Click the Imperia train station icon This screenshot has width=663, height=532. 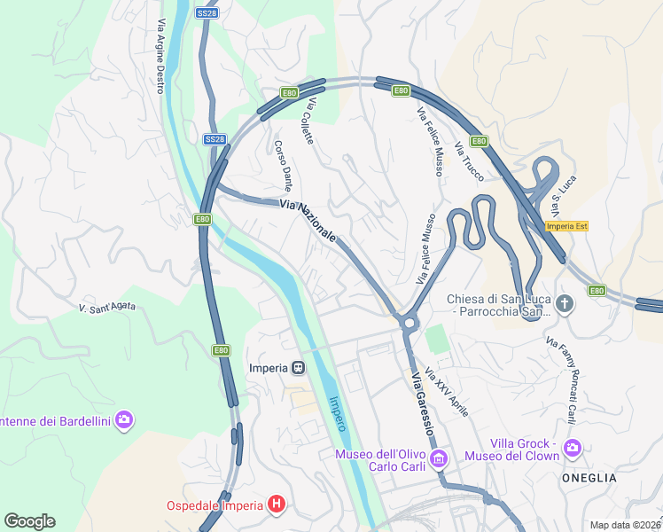tap(299, 368)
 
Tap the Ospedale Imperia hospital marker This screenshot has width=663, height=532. tap(277, 505)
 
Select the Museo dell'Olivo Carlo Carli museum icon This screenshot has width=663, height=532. tap(439, 458)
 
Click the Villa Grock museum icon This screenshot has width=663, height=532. tap(573, 448)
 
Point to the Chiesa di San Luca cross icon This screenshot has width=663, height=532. tap(565, 305)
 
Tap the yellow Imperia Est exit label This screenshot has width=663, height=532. tap(567, 226)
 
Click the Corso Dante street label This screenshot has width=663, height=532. tap(283, 166)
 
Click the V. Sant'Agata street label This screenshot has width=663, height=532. tap(107, 306)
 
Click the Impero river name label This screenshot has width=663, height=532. tap(338, 413)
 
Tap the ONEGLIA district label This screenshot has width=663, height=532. tap(589, 477)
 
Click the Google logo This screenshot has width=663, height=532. tap(29, 521)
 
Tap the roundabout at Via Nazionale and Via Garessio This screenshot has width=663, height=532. tap(408, 323)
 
